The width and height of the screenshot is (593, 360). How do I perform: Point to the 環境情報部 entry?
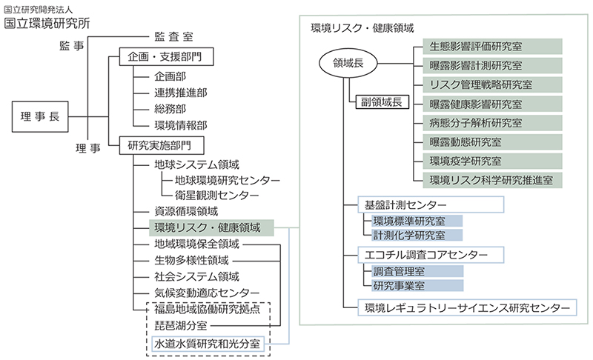180,125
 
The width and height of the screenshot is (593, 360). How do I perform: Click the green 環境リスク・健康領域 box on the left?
211,228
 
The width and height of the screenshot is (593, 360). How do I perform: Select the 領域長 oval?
348,65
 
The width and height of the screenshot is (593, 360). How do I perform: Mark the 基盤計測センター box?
431,204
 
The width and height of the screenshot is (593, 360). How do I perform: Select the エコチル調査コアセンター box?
431,255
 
